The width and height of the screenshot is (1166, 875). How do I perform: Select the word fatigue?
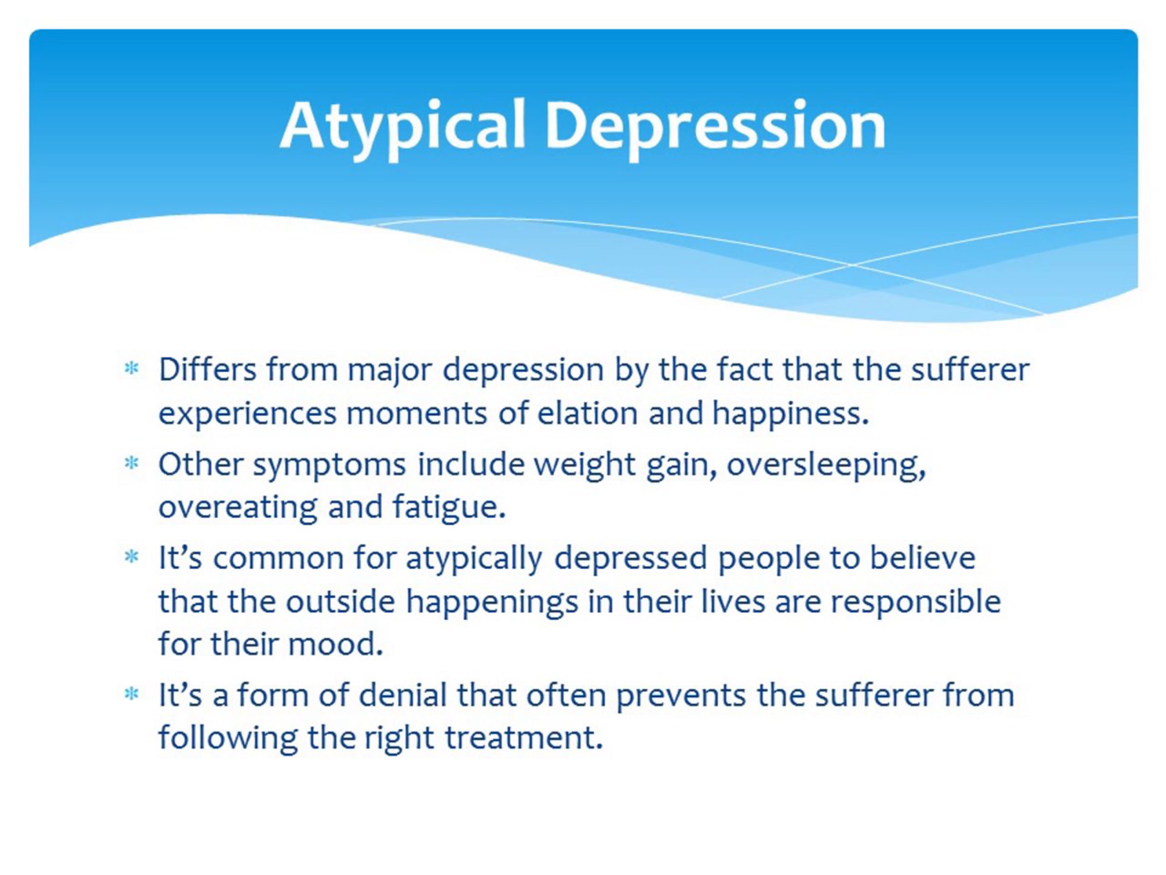[449, 508]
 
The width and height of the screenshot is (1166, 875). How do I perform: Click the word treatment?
[524, 738]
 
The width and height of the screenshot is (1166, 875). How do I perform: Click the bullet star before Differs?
[131, 368]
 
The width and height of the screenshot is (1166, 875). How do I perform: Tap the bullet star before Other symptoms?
[131, 463]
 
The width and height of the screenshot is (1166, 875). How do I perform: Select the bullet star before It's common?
[131, 557]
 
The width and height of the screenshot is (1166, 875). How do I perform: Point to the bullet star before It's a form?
[131, 694]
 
